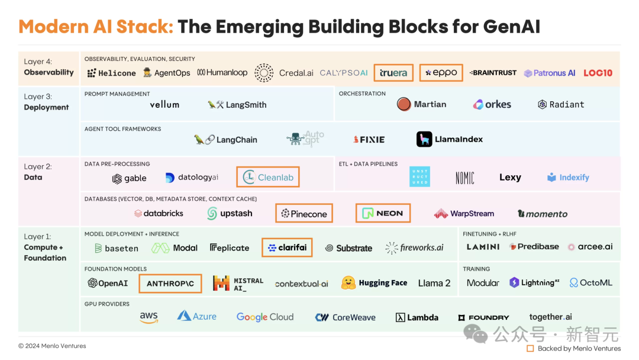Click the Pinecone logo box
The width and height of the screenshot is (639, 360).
pos(304,213)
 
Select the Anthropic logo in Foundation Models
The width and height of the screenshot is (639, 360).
pos(170,284)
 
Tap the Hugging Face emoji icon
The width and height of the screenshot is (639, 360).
pos(348,282)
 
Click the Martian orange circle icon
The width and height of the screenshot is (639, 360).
pos(404,104)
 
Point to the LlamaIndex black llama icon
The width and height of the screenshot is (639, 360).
pos(424,139)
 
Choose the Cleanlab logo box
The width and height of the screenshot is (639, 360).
pos(268,177)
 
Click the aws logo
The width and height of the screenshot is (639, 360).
pos(149,317)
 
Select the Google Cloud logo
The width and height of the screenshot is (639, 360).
pos(265,317)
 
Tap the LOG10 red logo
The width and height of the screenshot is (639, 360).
pos(598,73)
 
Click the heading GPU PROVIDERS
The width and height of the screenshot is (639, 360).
pos(106,304)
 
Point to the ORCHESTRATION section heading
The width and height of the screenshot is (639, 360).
pos(362,94)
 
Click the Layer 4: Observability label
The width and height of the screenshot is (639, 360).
pos(49,67)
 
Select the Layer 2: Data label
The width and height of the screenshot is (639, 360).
pos(38,172)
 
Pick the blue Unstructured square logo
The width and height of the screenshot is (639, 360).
pos(419,177)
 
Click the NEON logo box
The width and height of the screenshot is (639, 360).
pos(383,213)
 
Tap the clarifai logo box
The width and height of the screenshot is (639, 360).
pos(288,247)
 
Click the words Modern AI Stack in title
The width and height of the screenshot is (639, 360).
pos(96,27)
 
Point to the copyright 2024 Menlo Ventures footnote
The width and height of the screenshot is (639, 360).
pos(52,346)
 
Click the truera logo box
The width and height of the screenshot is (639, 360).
pos(393,73)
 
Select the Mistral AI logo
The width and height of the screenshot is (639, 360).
pos(238,284)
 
